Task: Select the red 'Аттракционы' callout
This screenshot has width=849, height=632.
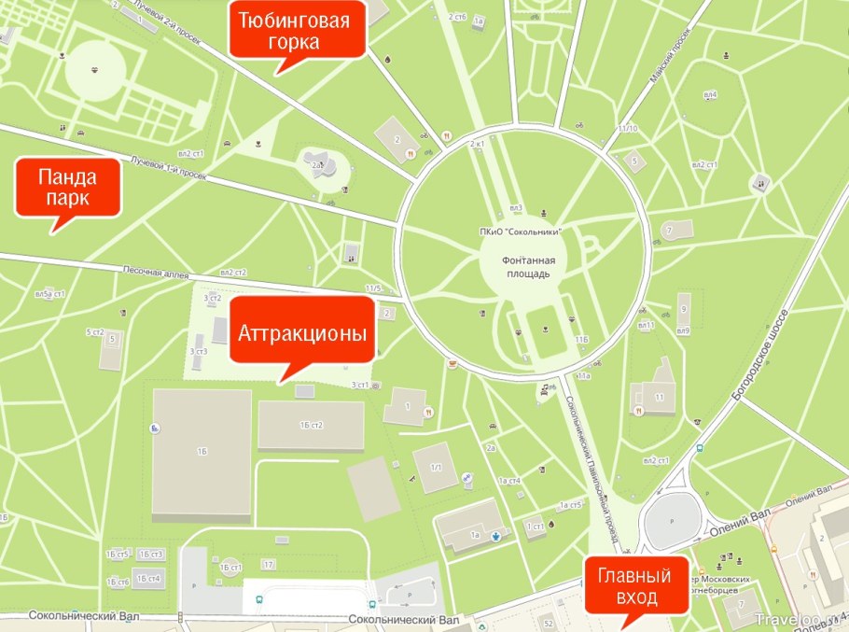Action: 301,333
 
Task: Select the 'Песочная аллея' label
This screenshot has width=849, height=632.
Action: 157,274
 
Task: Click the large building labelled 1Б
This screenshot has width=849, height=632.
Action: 202,452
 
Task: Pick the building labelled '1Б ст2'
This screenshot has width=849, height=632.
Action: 311,427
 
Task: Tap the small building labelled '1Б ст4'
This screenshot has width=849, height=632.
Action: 148,579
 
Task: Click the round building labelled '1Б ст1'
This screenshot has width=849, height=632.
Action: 229,567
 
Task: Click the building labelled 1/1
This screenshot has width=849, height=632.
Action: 435,467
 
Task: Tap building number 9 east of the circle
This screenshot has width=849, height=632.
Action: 684,308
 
